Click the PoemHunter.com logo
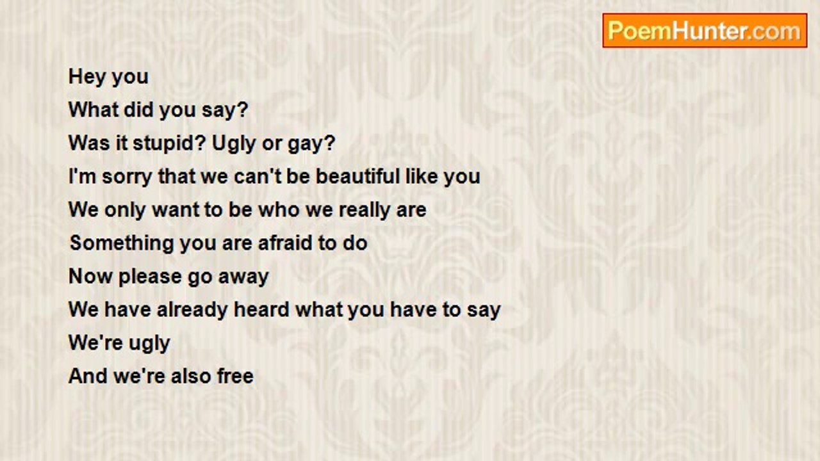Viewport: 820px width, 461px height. [x=705, y=31]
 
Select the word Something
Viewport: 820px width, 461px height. [x=122, y=243]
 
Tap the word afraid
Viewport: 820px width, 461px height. [x=289, y=243]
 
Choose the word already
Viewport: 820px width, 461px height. [x=192, y=310]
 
